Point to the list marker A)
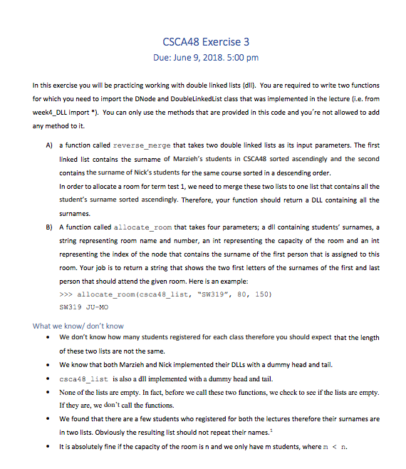point(48,145)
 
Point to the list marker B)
point(48,226)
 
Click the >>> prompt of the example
point(66,294)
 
